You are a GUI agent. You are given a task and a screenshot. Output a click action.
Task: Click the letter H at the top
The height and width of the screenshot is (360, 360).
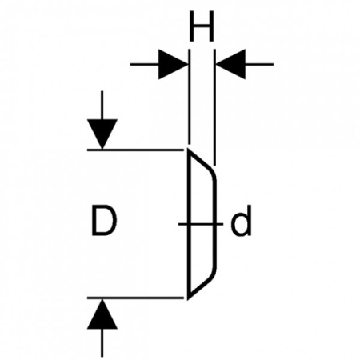click(x=202, y=26)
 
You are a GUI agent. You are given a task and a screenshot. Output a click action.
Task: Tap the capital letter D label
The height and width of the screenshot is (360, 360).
click(x=104, y=221)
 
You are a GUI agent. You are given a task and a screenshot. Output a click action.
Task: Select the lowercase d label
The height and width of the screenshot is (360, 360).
click(x=241, y=221)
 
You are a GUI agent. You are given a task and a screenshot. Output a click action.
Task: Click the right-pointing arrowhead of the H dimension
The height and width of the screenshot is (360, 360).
click(x=174, y=64)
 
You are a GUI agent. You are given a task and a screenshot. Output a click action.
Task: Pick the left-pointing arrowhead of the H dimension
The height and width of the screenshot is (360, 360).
click(x=231, y=64)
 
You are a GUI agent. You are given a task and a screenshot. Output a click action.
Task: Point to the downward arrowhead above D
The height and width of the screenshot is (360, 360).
click(x=102, y=134)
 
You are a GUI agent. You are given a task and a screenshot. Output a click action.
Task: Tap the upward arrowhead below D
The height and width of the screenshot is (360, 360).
click(x=102, y=314)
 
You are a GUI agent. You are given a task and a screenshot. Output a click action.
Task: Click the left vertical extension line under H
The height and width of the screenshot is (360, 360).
click(x=190, y=97)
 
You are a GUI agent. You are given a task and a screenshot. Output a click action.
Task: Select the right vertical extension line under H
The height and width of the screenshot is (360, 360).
click(x=214, y=107)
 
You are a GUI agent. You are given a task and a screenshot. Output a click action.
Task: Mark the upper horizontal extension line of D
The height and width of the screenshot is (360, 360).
click(x=135, y=150)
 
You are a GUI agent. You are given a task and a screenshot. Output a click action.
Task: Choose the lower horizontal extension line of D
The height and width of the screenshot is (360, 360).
click(x=135, y=298)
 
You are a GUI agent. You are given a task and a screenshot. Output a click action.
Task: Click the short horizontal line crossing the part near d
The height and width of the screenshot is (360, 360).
click(x=201, y=224)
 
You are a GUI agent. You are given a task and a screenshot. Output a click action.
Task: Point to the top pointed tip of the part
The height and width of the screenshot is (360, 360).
click(x=189, y=149)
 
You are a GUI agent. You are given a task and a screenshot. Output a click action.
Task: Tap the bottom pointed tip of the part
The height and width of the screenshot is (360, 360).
click(x=189, y=299)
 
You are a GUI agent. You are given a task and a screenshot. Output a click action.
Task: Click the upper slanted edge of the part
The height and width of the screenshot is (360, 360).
click(x=199, y=158)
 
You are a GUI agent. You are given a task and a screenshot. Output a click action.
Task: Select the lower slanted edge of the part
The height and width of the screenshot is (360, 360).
click(x=199, y=289)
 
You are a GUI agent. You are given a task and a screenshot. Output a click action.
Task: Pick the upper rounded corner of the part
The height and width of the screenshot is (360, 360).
click(x=213, y=174)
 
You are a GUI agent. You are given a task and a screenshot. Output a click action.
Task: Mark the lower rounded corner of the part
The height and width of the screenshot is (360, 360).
click(x=213, y=274)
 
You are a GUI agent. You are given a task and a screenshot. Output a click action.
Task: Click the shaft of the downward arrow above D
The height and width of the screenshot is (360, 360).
click(x=102, y=105)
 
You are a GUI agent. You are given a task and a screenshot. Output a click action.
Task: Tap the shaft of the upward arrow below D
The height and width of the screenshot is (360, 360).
click(x=102, y=342)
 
